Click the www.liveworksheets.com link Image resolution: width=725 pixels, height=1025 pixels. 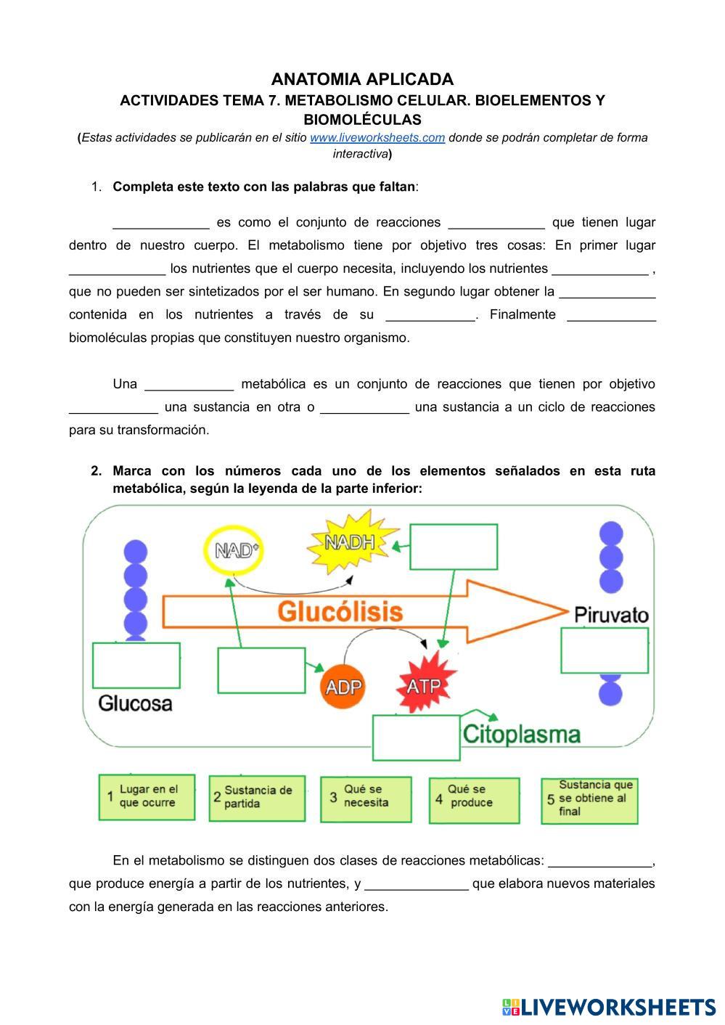point(377,138)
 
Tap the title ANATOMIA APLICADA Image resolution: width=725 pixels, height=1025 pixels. point(362,79)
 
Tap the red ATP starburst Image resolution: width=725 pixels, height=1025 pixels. point(425,685)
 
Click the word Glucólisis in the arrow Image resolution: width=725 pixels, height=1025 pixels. point(340,611)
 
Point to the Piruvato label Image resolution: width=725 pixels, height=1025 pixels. point(611,615)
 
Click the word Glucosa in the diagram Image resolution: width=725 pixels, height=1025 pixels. point(135,703)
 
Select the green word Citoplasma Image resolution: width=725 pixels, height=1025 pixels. point(521,734)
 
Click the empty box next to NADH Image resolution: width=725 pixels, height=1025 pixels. point(454,547)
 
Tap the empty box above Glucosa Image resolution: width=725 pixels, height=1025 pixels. point(136,665)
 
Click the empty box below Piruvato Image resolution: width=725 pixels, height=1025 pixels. point(604,650)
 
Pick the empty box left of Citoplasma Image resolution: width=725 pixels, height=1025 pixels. point(416,738)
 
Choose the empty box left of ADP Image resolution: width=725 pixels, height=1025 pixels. point(261,670)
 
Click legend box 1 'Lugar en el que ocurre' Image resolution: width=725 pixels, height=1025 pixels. point(147,796)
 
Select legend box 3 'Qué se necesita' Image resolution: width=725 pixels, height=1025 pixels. point(366,799)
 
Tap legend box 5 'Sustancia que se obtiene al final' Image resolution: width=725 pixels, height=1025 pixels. point(589,800)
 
